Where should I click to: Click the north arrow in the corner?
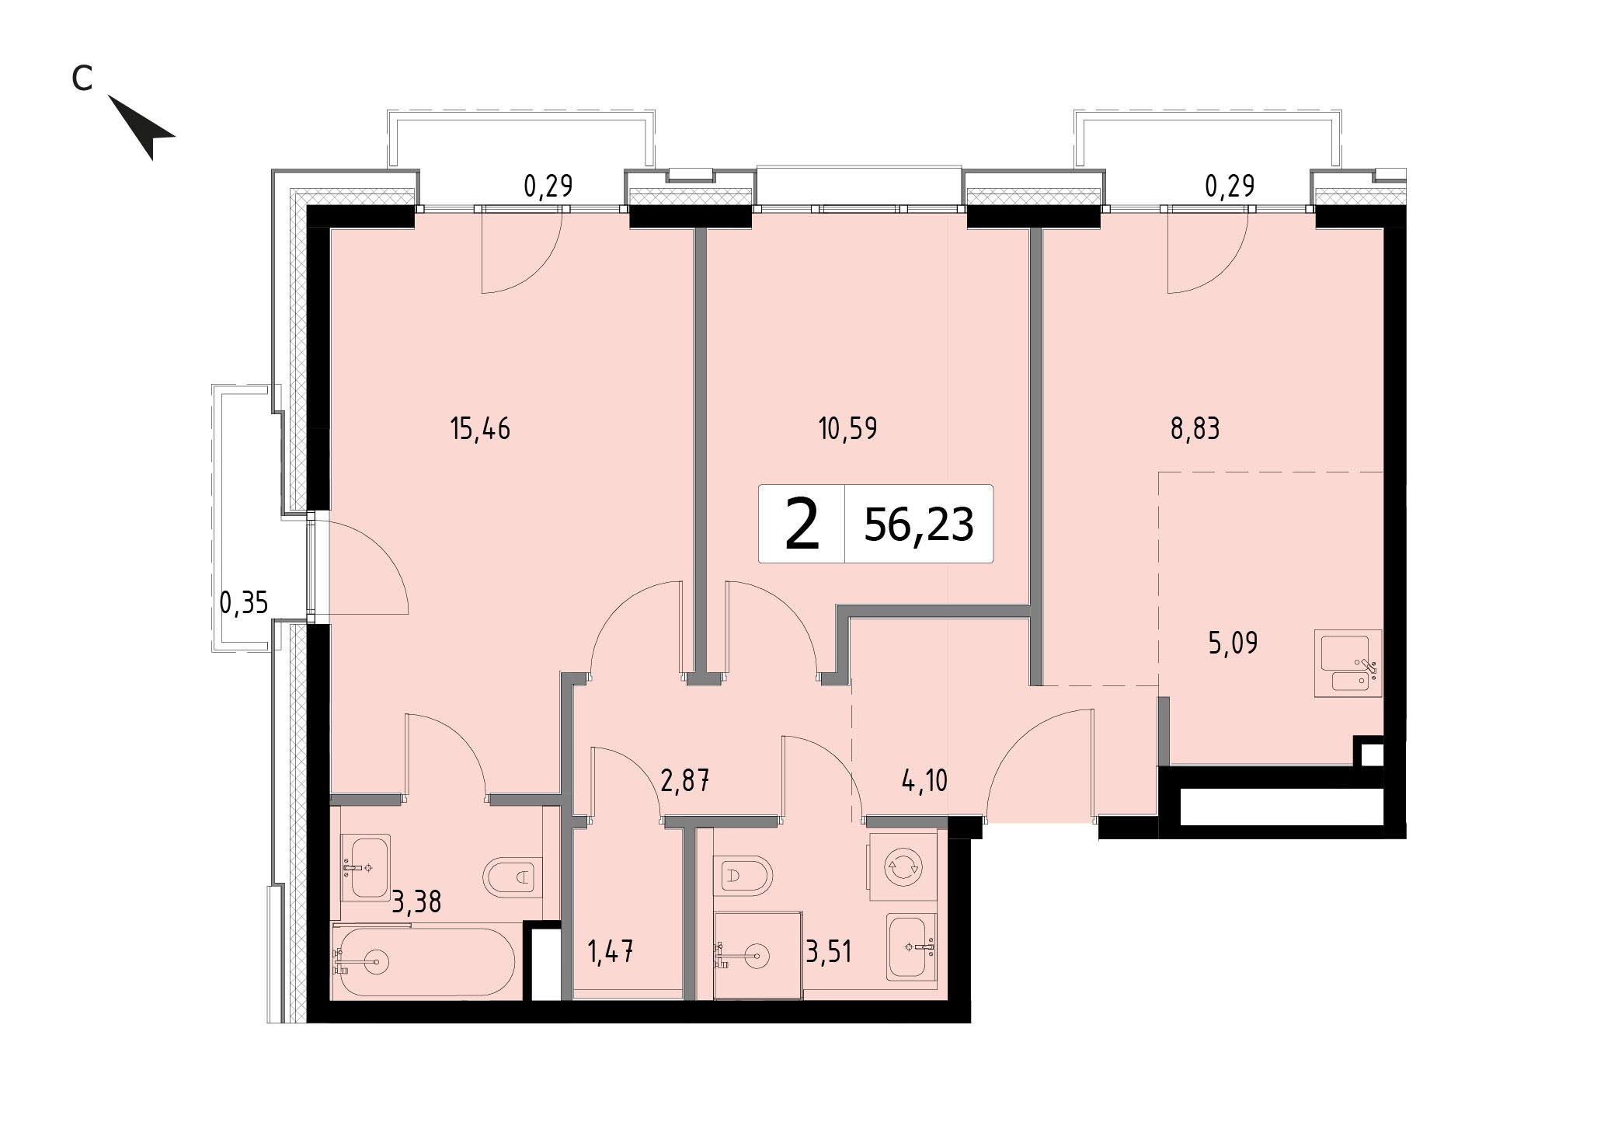pyautogui.click(x=144, y=127)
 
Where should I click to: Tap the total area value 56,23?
pyautogui.click(x=918, y=524)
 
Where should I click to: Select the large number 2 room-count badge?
pyautogui.click(x=802, y=525)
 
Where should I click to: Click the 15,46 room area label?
pyautogui.click(x=480, y=428)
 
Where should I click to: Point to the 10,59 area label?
pyautogui.click(x=848, y=428)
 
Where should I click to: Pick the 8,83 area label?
pyautogui.click(x=1195, y=428)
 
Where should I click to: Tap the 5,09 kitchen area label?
pyautogui.click(x=1233, y=643)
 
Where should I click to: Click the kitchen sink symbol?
pyautogui.click(x=1348, y=664)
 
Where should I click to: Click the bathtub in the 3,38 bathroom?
pyautogui.click(x=423, y=962)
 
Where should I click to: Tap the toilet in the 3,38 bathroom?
pyautogui.click(x=512, y=878)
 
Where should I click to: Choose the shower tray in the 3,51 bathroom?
pyautogui.click(x=758, y=955)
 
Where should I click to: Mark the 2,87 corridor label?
pyautogui.click(x=684, y=779)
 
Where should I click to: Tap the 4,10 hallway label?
pyautogui.click(x=924, y=779)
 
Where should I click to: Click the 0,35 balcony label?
pyautogui.click(x=244, y=602)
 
